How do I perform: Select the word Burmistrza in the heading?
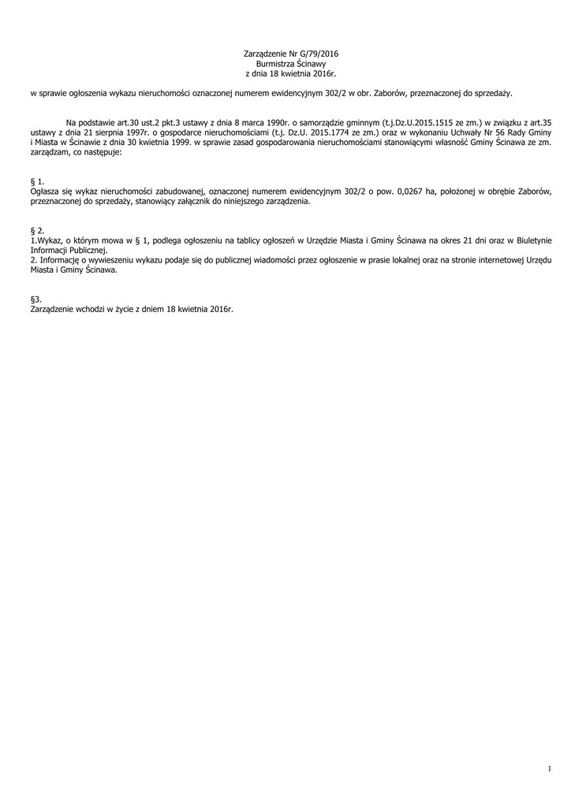click(x=275, y=63)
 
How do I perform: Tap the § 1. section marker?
click(x=36, y=182)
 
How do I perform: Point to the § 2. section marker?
click(x=36, y=230)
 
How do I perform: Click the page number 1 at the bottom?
click(x=549, y=768)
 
